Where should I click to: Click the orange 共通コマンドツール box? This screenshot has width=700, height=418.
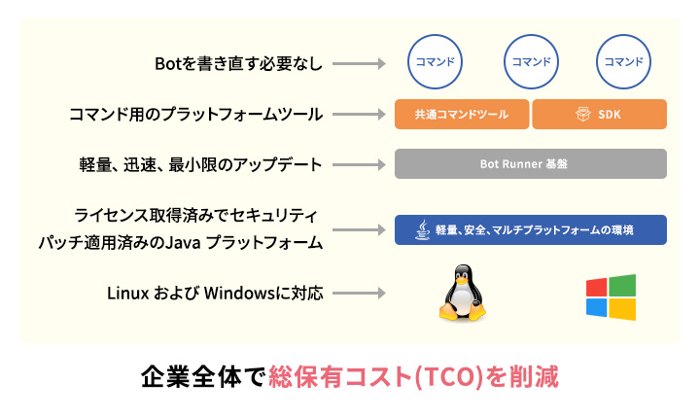click(x=462, y=114)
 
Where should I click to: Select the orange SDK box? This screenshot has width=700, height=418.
click(x=599, y=114)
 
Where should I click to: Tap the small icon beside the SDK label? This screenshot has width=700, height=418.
click(x=583, y=114)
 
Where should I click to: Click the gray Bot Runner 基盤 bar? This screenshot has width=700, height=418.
click(x=530, y=163)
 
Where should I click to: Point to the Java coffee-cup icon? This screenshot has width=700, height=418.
click(x=422, y=229)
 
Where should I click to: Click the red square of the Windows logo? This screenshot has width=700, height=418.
click(x=597, y=287)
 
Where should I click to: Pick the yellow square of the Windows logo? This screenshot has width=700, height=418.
click(x=623, y=309)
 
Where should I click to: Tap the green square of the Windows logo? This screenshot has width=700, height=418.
click(x=623, y=285)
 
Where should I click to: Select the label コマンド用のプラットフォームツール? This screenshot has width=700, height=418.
click(x=195, y=114)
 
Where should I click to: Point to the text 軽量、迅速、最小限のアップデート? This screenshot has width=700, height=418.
click(x=200, y=163)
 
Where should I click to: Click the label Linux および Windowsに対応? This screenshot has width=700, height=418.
click(x=212, y=293)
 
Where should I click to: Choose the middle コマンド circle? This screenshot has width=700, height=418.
click(x=530, y=61)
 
